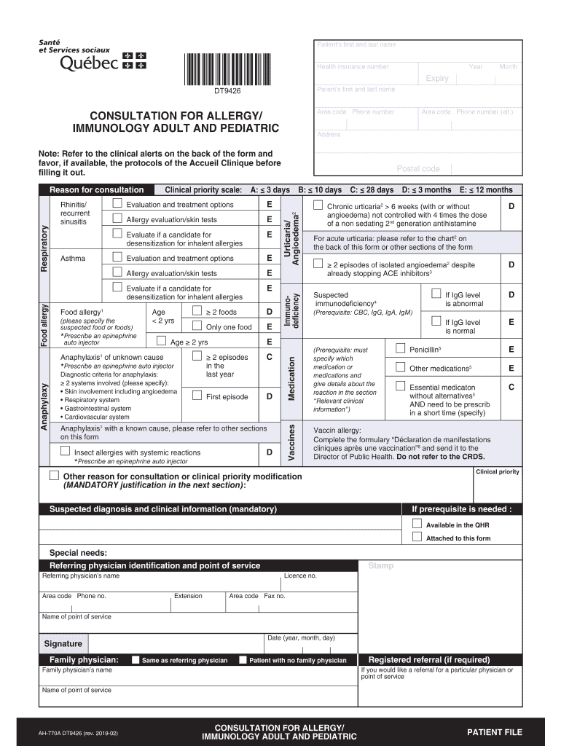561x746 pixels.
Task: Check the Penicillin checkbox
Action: (400, 348)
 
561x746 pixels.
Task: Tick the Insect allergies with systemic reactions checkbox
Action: (65, 451)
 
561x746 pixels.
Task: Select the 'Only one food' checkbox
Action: (197, 326)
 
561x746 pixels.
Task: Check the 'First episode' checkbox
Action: (197, 396)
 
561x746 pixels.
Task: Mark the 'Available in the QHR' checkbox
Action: (417, 524)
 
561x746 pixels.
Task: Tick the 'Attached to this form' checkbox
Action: (417, 537)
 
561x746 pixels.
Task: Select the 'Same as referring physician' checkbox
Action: (136, 660)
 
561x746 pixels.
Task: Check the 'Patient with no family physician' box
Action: (243, 660)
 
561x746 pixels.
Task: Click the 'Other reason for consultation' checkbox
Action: (54, 475)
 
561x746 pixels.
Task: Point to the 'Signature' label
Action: (63, 644)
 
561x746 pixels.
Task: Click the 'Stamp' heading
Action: (380, 565)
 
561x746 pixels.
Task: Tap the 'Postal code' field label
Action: (417, 169)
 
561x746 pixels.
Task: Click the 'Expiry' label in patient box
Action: (437, 79)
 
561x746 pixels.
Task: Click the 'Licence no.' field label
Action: (300, 576)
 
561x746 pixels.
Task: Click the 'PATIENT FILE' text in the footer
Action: (494, 732)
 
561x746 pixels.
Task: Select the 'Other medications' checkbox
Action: (400, 366)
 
